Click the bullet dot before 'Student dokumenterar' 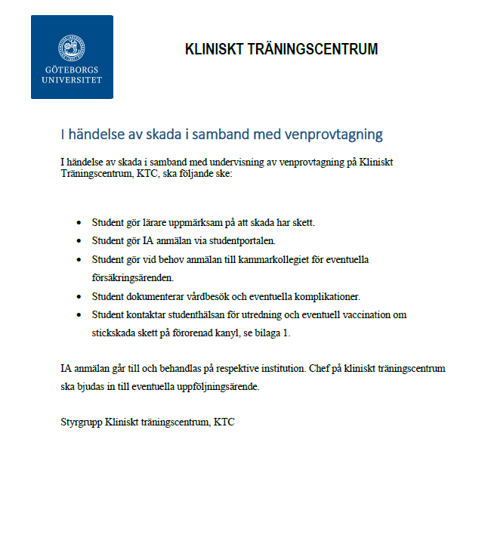coord(79,296)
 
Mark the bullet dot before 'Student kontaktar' coord(79,314)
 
